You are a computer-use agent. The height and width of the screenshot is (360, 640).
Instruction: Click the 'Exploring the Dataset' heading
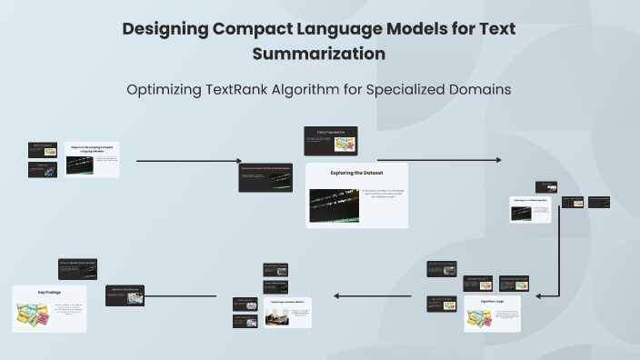[x=356, y=172]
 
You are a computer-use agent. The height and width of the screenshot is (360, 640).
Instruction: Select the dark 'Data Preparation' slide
[x=330, y=140]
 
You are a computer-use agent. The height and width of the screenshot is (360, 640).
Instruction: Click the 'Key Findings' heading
[x=49, y=293]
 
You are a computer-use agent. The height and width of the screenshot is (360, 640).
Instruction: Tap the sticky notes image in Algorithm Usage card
[x=479, y=318]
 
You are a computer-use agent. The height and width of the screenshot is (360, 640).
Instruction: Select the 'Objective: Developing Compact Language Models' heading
[x=93, y=147]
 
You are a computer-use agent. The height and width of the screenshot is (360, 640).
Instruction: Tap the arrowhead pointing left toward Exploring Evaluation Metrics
[x=335, y=296]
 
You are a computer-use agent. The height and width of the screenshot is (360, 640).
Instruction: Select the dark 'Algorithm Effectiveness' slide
[x=125, y=295]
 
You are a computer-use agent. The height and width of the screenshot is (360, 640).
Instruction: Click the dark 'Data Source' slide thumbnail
[x=265, y=177]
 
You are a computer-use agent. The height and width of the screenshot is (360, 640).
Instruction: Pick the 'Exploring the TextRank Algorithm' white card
[x=531, y=208]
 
